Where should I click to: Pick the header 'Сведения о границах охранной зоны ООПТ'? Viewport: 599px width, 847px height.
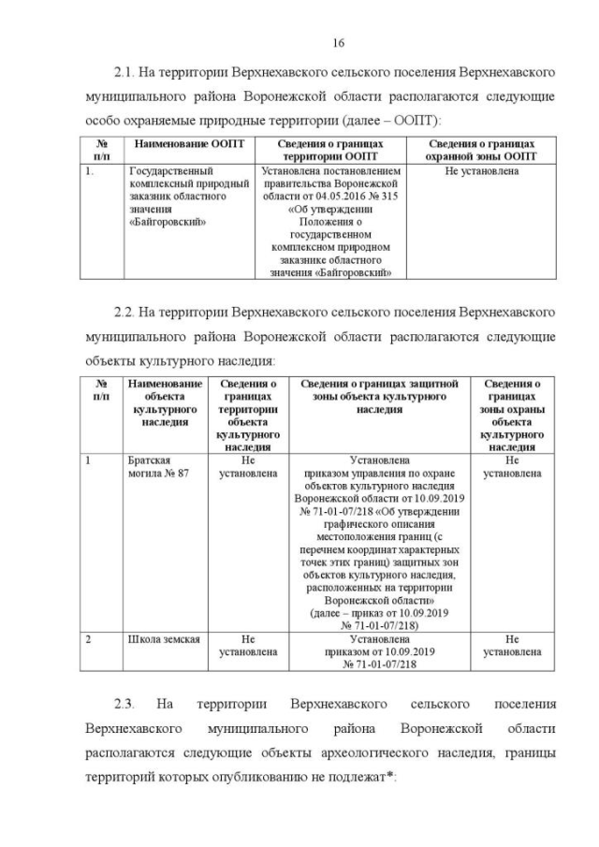coord(481,151)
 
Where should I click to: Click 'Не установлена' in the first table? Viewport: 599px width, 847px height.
coord(481,172)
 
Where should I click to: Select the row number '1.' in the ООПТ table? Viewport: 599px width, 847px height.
coord(89,172)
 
